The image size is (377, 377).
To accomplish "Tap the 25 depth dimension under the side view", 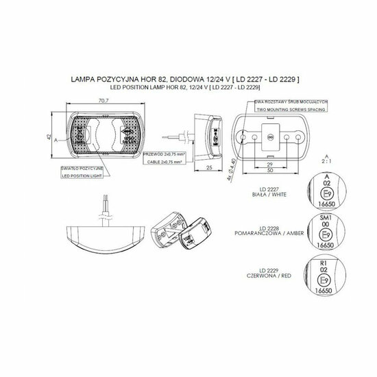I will coord(208,167).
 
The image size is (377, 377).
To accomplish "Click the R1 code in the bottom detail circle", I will coord(326,262).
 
